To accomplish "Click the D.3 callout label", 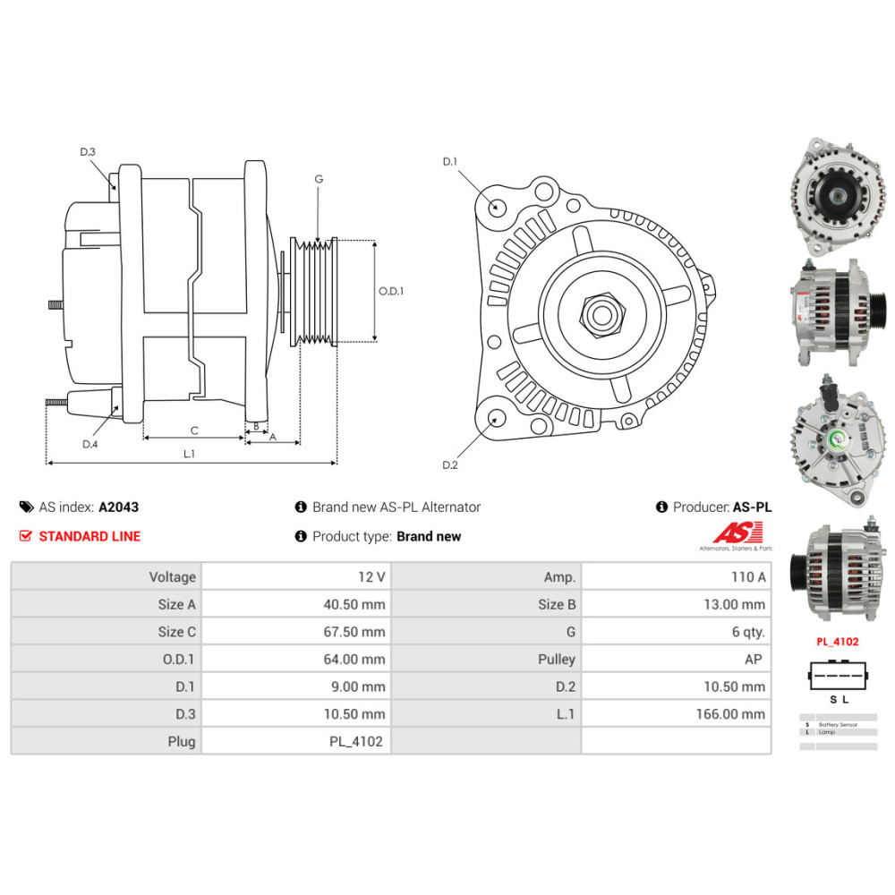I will [88, 152].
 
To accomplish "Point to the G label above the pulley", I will [318, 179].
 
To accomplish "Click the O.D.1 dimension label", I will [391, 291].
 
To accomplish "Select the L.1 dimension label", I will [189, 454].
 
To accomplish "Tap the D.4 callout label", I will [89, 444].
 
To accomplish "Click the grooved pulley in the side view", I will [314, 291].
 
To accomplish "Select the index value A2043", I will [118, 507].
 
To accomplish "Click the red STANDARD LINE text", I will [89, 536].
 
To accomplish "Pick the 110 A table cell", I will [749, 577].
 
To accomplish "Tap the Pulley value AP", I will [755, 659].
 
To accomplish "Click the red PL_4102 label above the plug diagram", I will [837, 642].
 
